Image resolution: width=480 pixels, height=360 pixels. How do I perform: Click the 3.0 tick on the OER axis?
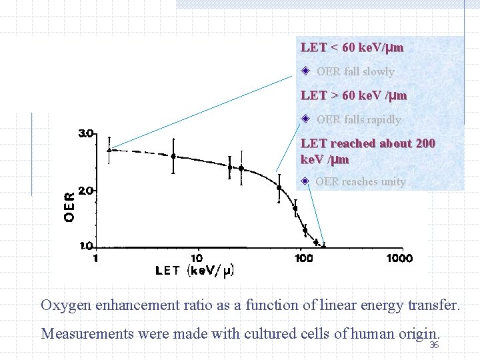(x=86, y=134)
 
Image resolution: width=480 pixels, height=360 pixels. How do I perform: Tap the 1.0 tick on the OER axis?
(x=87, y=246)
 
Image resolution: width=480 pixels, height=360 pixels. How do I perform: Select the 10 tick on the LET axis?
(x=197, y=258)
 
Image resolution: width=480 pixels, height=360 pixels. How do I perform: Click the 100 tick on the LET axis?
(x=304, y=258)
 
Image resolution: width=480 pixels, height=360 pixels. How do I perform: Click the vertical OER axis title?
(x=69, y=207)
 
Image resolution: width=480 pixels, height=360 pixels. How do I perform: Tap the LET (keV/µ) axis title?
(x=194, y=271)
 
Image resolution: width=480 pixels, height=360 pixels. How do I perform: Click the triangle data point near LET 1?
(x=110, y=150)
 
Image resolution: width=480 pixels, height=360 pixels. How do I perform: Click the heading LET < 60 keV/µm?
(x=352, y=47)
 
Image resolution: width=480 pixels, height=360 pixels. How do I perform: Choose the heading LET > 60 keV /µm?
(x=353, y=95)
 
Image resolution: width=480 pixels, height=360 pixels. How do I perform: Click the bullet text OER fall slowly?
(x=355, y=71)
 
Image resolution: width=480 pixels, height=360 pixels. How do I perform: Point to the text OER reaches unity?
(x=360, y=181)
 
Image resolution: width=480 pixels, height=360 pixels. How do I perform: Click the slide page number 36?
(x=433, y=345)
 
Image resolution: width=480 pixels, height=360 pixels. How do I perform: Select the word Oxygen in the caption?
(x=67, y=305)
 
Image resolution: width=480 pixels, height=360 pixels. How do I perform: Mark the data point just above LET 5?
(x=173, y=156)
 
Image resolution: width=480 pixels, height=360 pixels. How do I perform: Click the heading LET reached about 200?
(x=368, y=143)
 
